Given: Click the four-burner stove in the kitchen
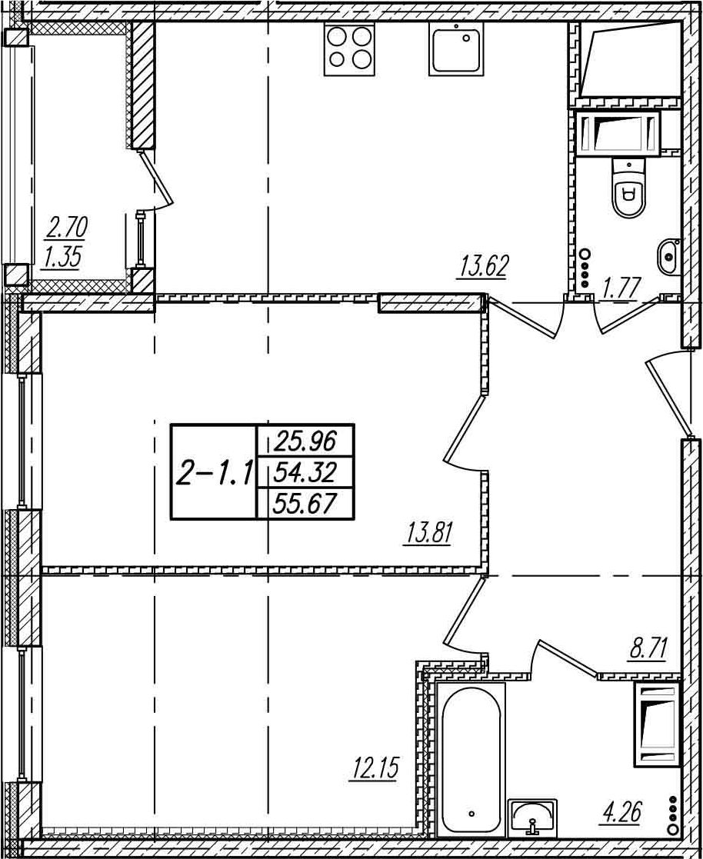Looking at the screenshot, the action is click(x=349, y=49).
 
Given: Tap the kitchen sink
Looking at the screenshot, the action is click(x=456, y=49).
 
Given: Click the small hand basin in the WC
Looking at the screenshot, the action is click(x=669, y=256).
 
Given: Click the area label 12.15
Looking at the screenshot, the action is click(x=375, y=767).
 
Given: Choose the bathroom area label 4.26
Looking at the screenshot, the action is click(x=622, y=812).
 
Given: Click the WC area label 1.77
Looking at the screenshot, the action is click(x=621, y=288).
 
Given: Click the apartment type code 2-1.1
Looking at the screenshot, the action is click(x=214, y=473).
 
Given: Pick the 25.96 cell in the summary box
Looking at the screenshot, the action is click(x=305, y=441).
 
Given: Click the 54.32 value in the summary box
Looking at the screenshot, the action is click(x=305, y=471).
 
